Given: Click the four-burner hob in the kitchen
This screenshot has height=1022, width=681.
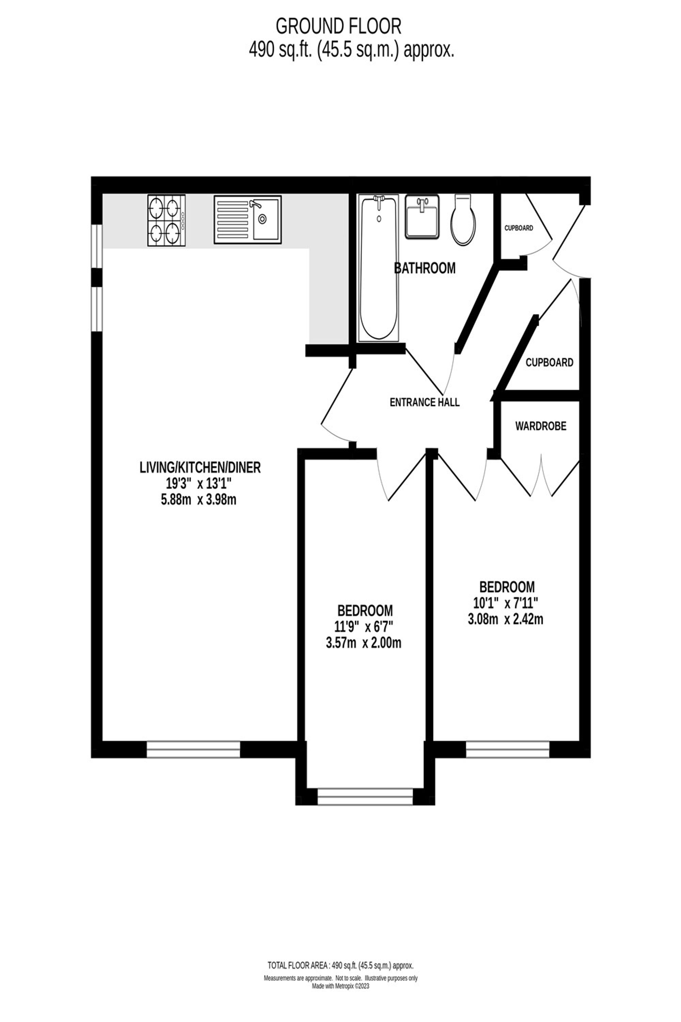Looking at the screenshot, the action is point(167,221).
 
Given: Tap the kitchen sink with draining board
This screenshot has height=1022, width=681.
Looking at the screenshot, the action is point(248,219).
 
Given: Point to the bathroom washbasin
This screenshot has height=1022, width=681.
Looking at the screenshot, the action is point(422,216).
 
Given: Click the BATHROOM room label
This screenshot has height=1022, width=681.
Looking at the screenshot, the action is point(425,268).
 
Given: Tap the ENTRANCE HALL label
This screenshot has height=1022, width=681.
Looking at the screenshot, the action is point(424,402).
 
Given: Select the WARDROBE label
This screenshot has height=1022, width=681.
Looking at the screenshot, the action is point(541,426).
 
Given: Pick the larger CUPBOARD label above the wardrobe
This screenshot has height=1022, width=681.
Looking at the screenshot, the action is point(550,362).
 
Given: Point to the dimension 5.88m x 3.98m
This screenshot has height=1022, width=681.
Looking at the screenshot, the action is point(199,500).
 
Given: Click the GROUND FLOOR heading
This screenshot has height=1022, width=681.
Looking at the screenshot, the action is point(339,27).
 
